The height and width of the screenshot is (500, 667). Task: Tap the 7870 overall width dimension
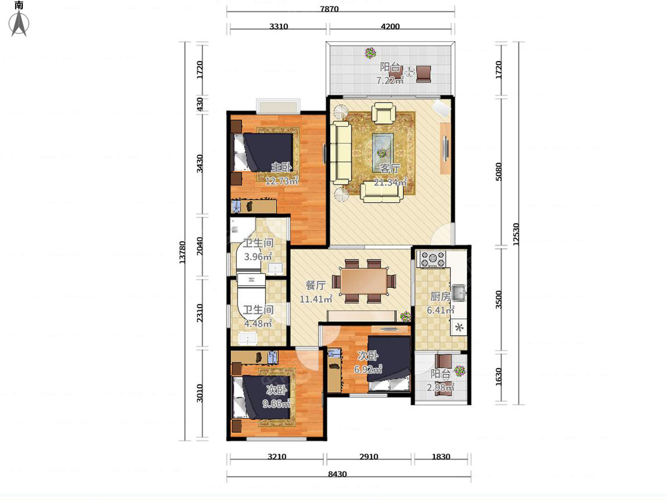tap(329, 9)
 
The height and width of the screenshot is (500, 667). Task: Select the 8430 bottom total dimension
tap(337, 474)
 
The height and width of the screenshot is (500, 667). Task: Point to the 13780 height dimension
tap(182, 252)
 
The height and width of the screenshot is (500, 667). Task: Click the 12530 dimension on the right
tap(516, 234)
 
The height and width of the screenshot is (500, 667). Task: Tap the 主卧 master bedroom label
tap(281, 167)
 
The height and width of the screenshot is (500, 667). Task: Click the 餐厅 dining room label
tap(316, 286)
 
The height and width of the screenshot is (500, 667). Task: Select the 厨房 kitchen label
tap(440, 297)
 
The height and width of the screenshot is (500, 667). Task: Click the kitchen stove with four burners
tap(433, 259)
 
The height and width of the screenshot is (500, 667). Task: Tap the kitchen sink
tap(459, 293)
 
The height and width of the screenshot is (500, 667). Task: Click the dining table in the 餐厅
tap(364, 281)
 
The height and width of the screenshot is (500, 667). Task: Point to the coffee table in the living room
tap(383, 151)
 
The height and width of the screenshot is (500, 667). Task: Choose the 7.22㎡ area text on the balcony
tap(390, 81)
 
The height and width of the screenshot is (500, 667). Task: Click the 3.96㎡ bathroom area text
tap(258, 257)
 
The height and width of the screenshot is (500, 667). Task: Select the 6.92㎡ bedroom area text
tap(368, 369)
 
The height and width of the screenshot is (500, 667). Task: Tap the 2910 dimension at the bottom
tap(369, 457)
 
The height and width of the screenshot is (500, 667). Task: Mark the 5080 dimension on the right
tap(499, 172)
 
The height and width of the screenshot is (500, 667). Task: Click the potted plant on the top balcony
tap(370, 53)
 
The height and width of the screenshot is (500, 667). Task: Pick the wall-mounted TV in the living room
tap(446, 149)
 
